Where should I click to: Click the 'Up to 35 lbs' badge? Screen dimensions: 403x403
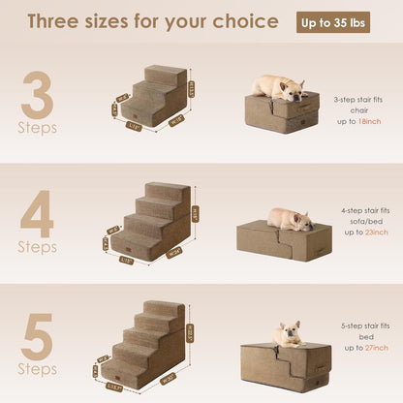coord(332,21)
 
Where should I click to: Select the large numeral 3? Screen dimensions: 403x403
coord(37,95)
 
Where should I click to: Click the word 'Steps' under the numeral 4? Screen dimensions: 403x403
coord(37,247)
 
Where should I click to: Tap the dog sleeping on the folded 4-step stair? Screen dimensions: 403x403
coord(290,219)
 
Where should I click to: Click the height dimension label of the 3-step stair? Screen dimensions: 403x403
coord(192,90)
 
